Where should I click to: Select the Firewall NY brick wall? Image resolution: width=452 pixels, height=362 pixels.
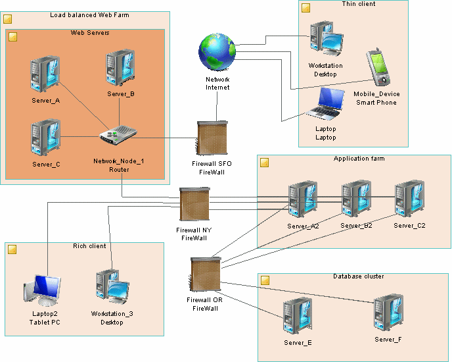194,205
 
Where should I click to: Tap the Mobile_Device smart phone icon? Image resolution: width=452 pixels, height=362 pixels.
377,68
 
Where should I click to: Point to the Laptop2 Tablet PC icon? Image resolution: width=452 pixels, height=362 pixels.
43,290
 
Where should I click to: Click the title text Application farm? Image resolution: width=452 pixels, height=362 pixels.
359,159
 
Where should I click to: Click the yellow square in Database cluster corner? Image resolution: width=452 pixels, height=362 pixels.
265,280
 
